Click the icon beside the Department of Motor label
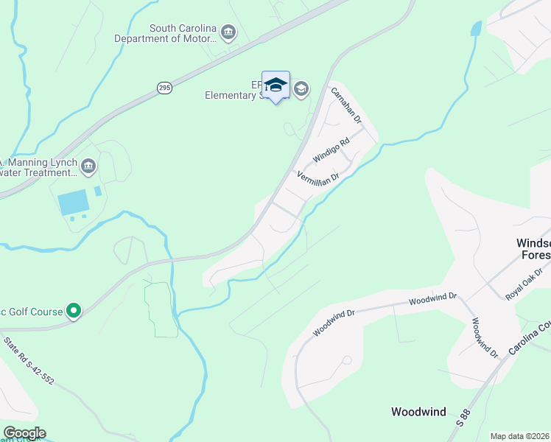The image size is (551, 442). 228,32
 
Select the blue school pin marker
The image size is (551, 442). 275,86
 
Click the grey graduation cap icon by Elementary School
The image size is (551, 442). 301,89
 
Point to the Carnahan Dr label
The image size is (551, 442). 345,105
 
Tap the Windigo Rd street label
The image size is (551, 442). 330,150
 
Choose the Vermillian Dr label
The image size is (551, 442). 317,177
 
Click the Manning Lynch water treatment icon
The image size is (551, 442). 89,166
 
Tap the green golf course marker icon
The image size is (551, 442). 73,312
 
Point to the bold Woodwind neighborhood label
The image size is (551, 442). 418,412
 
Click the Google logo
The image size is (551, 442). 24,433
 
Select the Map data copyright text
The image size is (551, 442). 519,436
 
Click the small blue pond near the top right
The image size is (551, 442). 476,29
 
